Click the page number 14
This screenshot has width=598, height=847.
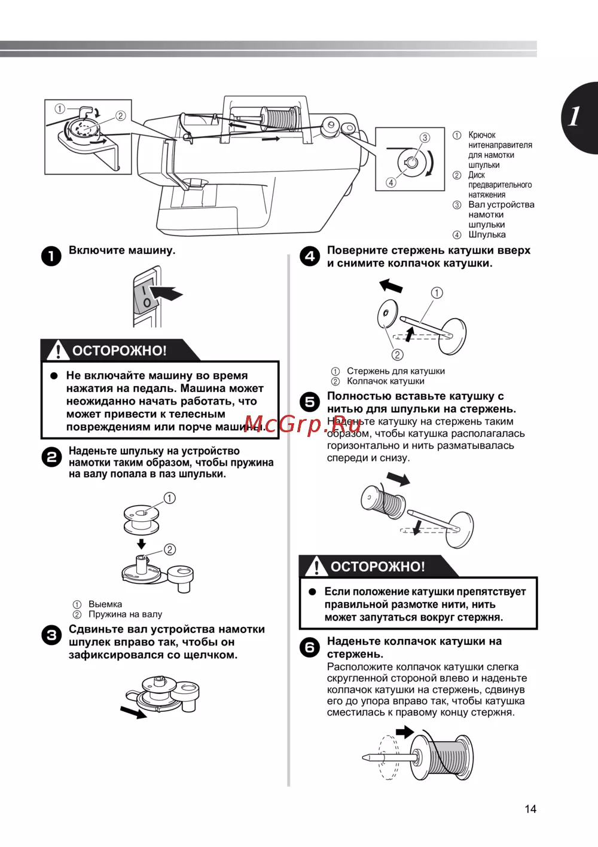(x=530, y=809)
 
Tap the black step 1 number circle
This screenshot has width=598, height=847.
(x=51, y=256)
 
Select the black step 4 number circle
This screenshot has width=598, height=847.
(x=310, y=256)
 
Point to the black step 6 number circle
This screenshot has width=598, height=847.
(x=310, y=647)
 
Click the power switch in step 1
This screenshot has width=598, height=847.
(x=145, y=297)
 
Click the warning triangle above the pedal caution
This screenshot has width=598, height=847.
(x=58, y=350)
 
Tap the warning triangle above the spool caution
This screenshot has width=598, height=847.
(x=316, y=566)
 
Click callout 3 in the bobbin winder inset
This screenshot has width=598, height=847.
(x=425, y=137)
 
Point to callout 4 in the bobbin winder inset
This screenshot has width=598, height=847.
(x=391, y=182)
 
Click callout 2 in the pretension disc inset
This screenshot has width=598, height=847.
(x=121, y=116)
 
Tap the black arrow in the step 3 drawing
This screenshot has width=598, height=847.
(x=133, y=712)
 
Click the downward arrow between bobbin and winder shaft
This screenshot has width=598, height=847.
(x=141, y=543)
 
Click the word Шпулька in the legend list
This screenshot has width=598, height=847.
(x=487, y=234)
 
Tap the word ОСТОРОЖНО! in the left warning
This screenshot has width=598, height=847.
(x=120, y=351)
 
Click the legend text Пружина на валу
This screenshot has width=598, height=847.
(x=125, y=614)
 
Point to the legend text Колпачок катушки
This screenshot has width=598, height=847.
(x=386, y=381)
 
